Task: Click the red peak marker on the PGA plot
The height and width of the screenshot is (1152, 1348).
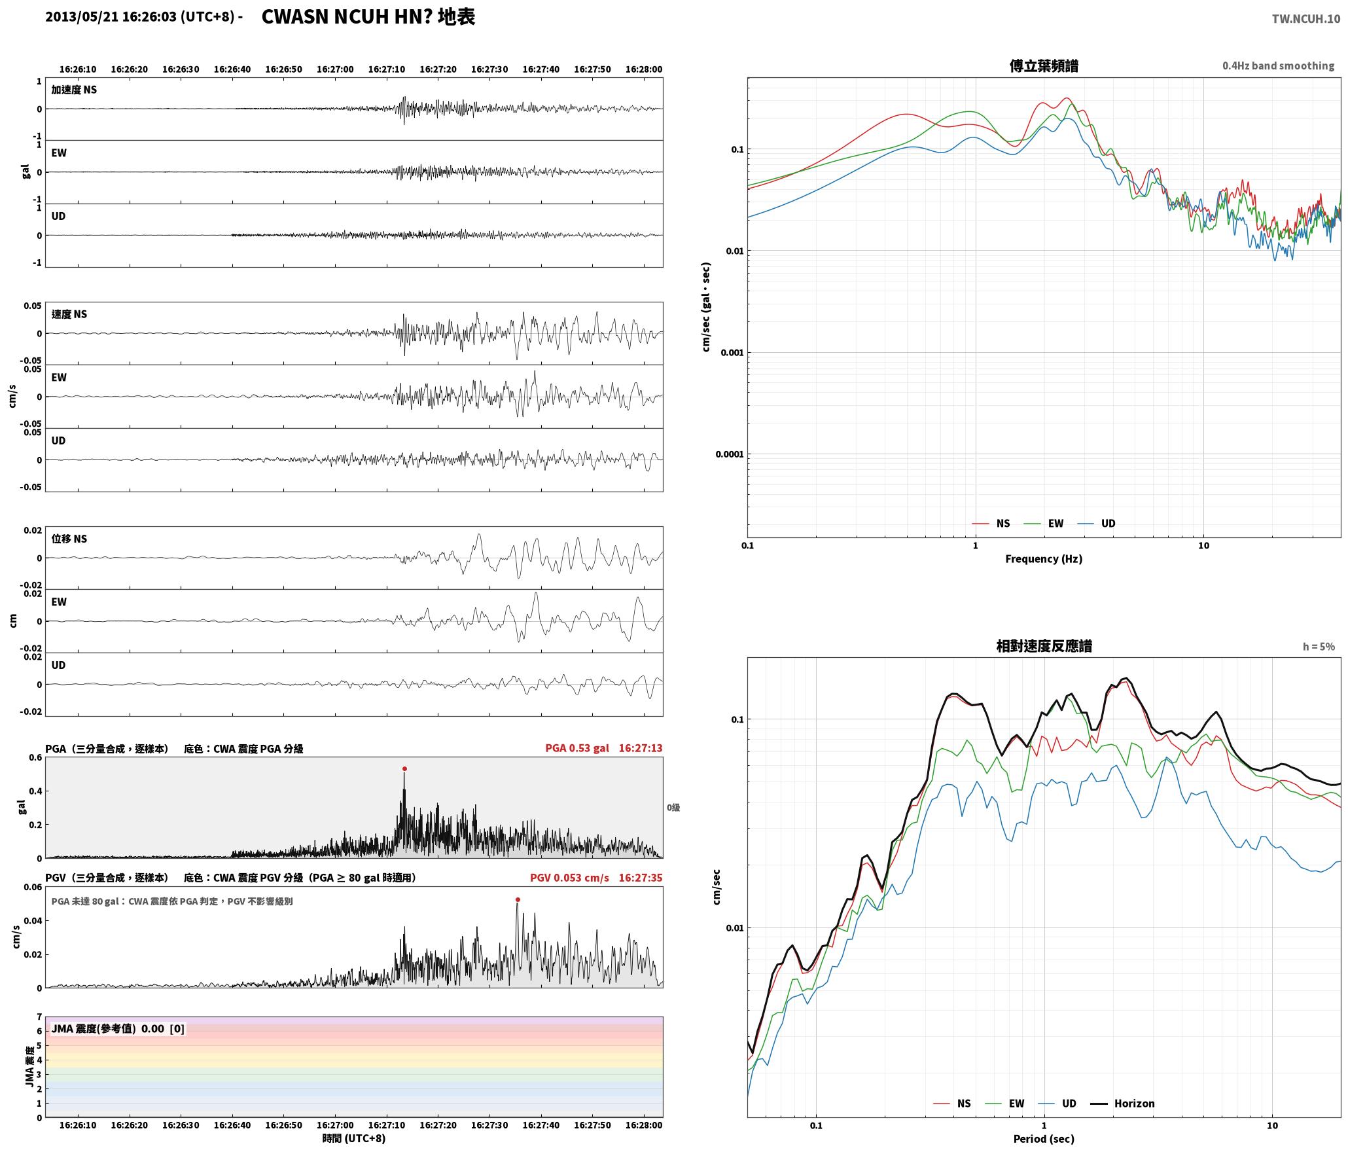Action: pos(404,768)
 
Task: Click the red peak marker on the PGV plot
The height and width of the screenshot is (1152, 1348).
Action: pos(518,899)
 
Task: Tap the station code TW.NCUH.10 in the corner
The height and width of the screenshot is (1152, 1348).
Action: pos(1305,19)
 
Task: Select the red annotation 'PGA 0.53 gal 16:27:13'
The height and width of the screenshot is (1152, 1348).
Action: pos(603,747)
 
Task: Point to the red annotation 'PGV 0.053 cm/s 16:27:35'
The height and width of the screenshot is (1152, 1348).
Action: pos(596,877)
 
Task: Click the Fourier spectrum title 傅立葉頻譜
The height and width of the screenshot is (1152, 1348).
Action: pos(1044,65)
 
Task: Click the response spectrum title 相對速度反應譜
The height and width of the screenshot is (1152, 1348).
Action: pos(1044,646)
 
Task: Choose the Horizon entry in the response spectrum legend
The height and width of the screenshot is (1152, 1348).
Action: pos(1124,1103)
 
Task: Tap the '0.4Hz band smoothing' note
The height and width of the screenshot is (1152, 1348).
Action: pos(1278,65)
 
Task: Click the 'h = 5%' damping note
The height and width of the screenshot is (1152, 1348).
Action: pos(1319,646)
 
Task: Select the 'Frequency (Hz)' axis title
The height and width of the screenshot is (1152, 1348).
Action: pos(1044,558)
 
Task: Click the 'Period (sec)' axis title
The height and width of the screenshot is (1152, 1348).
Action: pos(1044,1139)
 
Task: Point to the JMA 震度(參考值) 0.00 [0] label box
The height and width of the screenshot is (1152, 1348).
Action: pos(118,1028)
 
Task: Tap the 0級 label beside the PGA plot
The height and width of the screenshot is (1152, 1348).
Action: pos(673,807)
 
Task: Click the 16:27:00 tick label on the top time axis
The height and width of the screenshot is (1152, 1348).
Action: pos(335,69)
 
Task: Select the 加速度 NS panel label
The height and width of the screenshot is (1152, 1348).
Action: pos(74,90)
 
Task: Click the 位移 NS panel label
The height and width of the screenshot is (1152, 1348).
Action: pos(69,539)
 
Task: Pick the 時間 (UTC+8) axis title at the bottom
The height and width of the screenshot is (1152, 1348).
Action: pos(354,1138)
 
